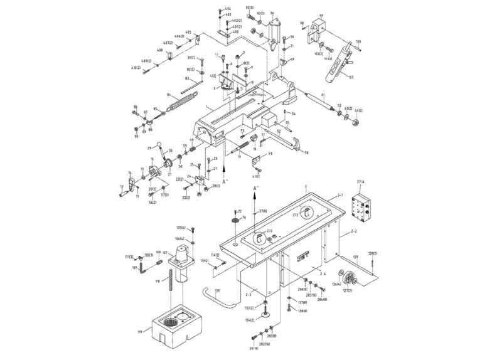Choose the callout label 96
click(x=272, y=13)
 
